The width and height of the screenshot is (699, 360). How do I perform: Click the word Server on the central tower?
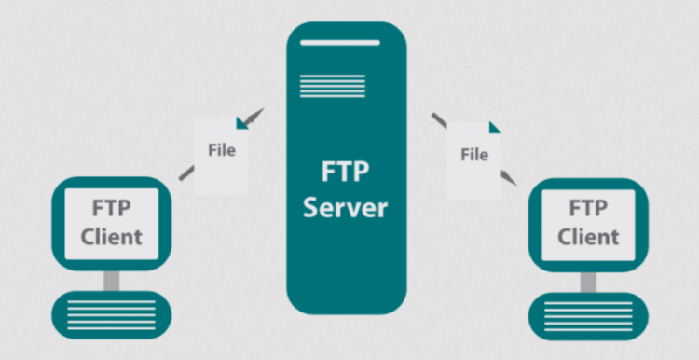point(347,206)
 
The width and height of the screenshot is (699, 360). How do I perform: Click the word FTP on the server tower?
point(347,173)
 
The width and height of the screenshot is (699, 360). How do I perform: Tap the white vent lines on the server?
point(320,84)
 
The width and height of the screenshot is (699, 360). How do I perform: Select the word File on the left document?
point(221,150)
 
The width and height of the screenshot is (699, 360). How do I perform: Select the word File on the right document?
point(474,155)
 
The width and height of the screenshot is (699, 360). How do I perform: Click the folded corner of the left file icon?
point(243,122)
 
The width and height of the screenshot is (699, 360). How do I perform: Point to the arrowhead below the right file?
point(508,177)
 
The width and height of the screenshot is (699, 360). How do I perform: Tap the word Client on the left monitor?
point(111,235)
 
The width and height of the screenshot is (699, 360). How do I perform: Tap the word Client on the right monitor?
point(588,236)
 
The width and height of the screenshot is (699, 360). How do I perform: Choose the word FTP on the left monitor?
point(111,207)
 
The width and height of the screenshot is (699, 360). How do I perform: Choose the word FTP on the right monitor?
point(588,208)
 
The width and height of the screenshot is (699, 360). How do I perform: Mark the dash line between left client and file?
point(186,173)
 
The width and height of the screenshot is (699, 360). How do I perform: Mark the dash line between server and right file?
point(438,120)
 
